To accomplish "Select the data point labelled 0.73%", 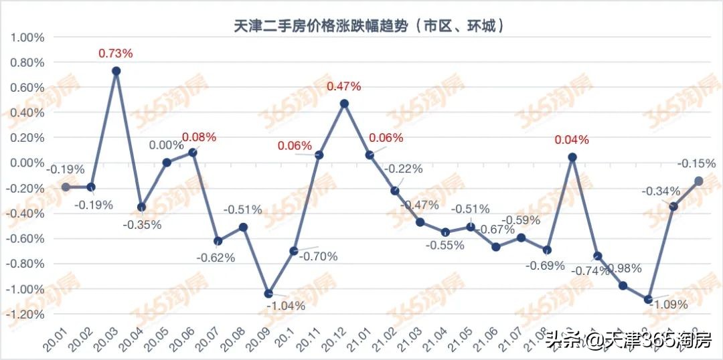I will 116,70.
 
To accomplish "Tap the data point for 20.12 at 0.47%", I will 344,103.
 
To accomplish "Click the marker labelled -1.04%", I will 268,293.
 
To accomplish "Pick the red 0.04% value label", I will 571,140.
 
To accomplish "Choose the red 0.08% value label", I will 199,137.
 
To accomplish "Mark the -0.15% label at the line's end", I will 696,163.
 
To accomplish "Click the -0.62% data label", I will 216,258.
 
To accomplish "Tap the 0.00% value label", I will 166,145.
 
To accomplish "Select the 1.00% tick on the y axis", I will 27,37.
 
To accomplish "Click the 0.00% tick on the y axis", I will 27,163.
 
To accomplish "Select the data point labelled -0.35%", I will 141,207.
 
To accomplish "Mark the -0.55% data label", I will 445,246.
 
